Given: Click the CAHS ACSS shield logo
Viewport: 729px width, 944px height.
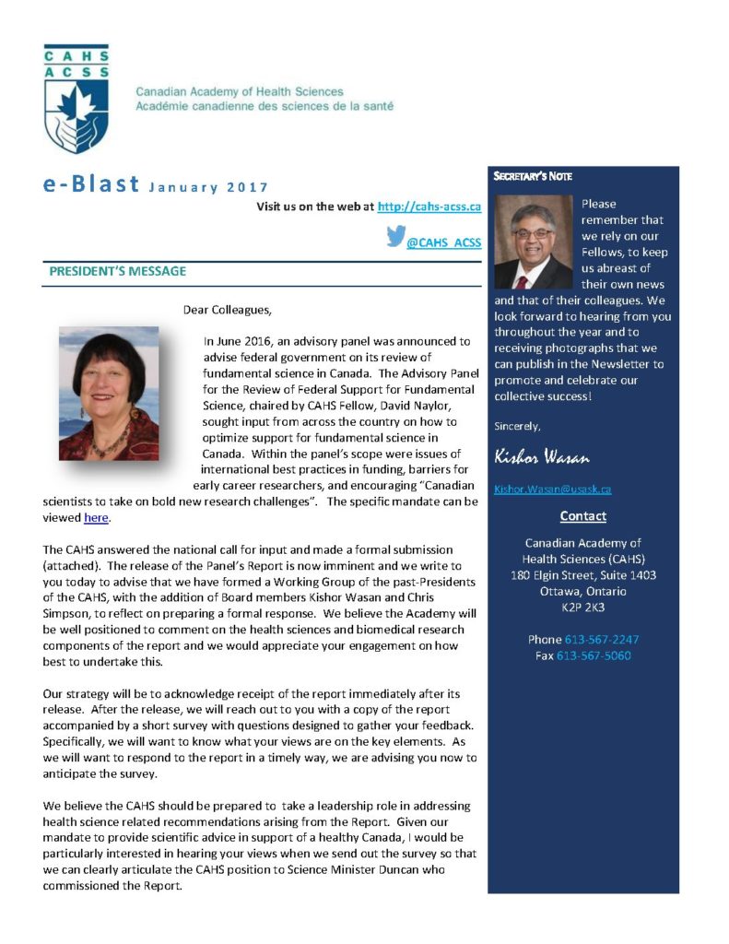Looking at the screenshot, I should (x=76, y=99).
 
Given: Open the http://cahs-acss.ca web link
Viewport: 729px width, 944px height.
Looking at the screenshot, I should (x=429, y=206).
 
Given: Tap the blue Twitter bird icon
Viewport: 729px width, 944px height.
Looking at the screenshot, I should (x=395, y=238).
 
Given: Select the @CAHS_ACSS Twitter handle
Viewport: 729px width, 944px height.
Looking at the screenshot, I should (x=444, y=242).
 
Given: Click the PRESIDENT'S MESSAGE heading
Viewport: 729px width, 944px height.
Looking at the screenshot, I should (x=117, y=271).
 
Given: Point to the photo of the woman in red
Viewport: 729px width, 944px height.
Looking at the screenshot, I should (x=109, y=394).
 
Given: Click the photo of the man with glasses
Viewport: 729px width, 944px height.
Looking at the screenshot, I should (x=534, y=242).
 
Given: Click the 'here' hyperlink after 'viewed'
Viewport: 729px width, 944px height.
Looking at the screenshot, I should (x=96, y=518).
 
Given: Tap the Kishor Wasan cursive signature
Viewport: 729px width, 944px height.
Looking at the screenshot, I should (x=541, y=457).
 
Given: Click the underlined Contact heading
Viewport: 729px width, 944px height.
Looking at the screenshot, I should (x=582, y=516).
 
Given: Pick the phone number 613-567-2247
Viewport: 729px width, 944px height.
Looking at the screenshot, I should (x=602, y=639).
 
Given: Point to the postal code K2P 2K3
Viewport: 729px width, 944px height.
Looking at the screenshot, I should (x=582, y=608).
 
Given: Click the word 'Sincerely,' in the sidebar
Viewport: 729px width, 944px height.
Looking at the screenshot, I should (x=517, y=426).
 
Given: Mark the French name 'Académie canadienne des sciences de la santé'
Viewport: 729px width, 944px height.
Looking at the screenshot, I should (x=265, y=106).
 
